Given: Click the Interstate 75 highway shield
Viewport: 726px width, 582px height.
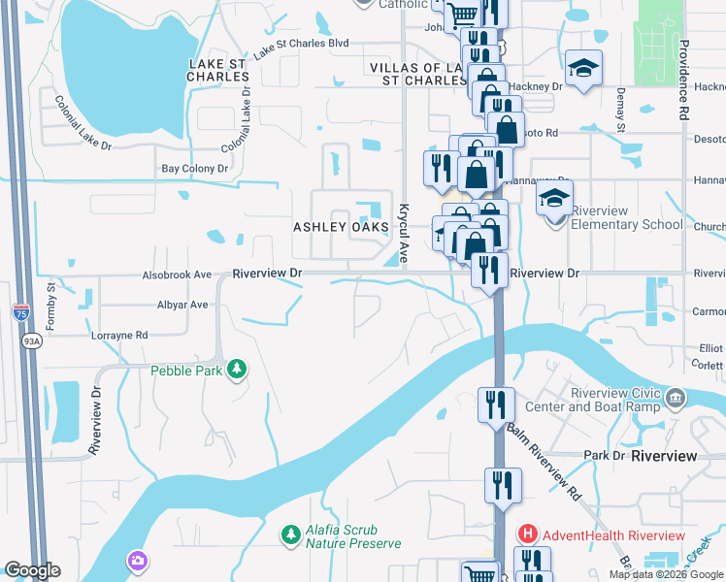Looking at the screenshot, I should click(x=21, y=312).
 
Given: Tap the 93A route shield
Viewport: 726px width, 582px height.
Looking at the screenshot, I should click(x=31, y=340).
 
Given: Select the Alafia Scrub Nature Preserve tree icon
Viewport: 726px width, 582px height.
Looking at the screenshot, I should click(x=289, y=534).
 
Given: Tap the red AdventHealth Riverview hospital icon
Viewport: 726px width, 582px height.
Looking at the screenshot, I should click(x=527, y=534).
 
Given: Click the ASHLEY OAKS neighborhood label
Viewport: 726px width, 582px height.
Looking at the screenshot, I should click(x=341, y=227).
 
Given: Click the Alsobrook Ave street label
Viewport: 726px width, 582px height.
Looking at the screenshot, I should click(x=177, y=275).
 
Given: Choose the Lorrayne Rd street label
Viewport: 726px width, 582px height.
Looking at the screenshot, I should click(x=119, y=335).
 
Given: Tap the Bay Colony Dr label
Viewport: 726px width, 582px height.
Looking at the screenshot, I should click(x=194, y=169).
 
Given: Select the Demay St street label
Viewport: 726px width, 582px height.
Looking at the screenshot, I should click(x=619, y=107).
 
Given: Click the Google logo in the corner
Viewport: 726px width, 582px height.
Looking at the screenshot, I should click(x=31, y=570).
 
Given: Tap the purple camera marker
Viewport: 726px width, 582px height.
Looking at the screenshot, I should click(x=137, y=561).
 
